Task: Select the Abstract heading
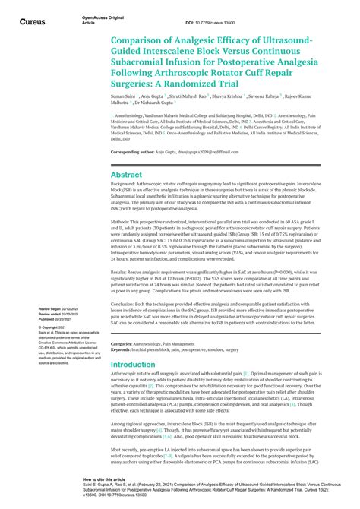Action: pyautogui.click(x=127, y=175)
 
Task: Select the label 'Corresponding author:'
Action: pyautogui.click(x=132, y=152)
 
